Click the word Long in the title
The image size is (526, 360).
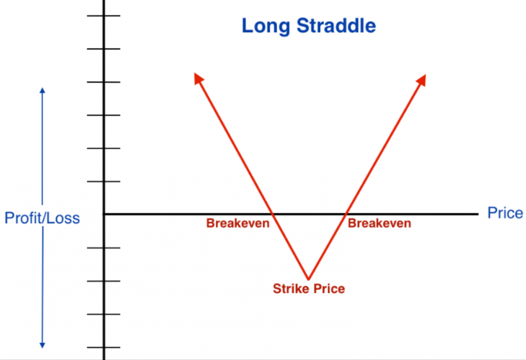point(266,26)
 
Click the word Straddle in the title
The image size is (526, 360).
point(336,25)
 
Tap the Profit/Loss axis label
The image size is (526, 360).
point(42,218)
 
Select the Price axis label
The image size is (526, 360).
point(505,213)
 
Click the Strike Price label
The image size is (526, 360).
point(309,289)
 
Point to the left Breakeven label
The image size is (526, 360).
point(238,223)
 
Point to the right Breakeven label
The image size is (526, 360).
point(379,223)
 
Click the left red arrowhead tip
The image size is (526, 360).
point(195,74)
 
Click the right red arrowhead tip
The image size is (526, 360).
point(426,75)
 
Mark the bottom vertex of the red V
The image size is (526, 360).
point(308,279)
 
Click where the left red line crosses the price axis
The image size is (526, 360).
point(273,214)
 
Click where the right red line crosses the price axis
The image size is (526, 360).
point(345,214)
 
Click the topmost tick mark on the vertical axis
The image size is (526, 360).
point(104,16)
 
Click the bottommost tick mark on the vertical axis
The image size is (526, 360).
point(104,347)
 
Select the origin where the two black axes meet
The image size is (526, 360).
point(104,214)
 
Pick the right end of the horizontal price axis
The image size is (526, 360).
point(478,214)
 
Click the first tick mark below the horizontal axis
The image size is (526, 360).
point(104,248)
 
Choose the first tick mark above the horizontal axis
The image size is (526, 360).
point(104,182)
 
